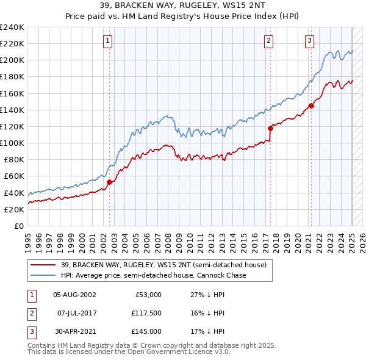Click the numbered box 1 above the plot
pyautogui.click(x=107, y=41)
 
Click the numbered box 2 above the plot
pyautogui.click(x=268, y=41)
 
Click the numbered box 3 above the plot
pyautogui.click(x=309, y=41)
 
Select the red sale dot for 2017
pyautogui.click(x=270, y=128)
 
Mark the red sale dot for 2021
pyautogui.click(x=311, y=106)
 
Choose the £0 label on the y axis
pyautogui.click(x=18, y=226)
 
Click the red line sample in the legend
pyautogui.click(x=43, y=265)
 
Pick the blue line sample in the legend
pyautogui.click(x=43, y=275)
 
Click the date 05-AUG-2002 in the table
pyautogui.click(x=74, y=295)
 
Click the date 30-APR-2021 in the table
pyautogui.click(x=74, y=331)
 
